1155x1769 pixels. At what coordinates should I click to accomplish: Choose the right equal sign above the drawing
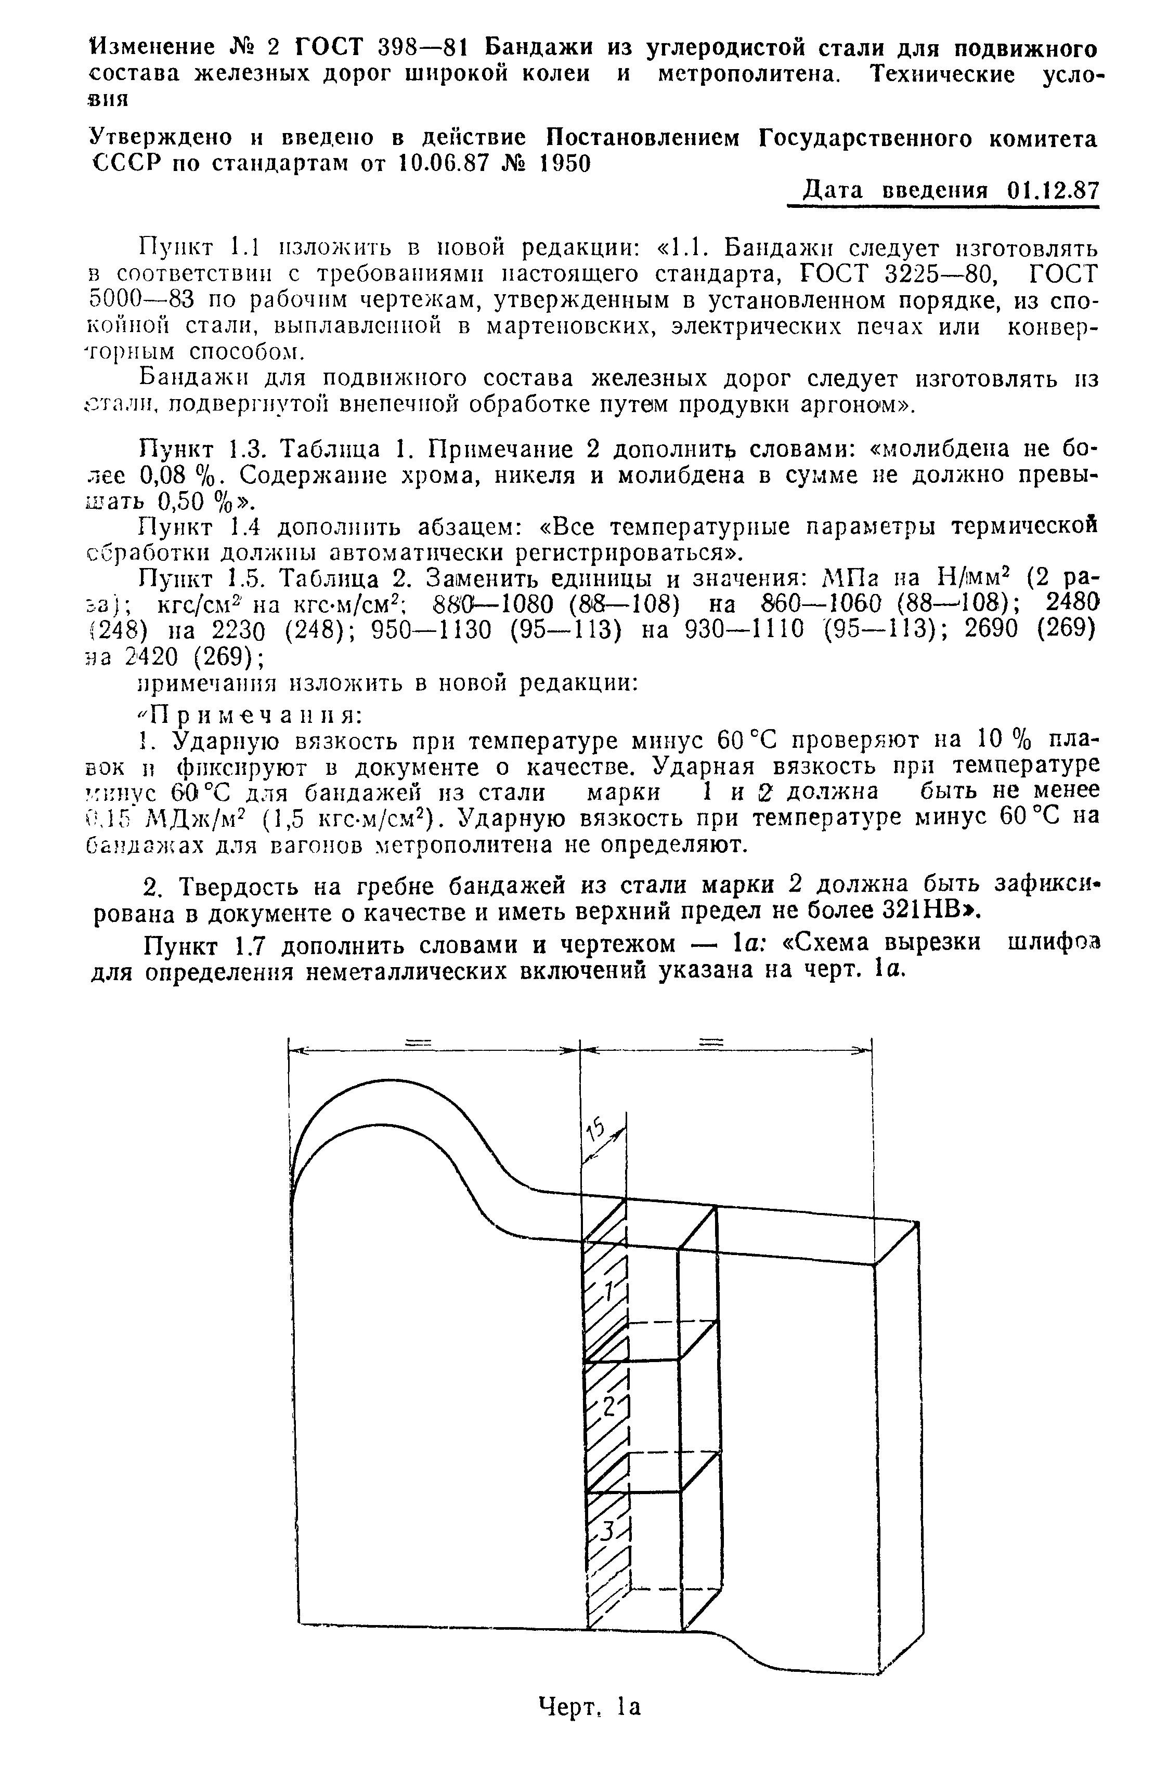(x=710, y=1043)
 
